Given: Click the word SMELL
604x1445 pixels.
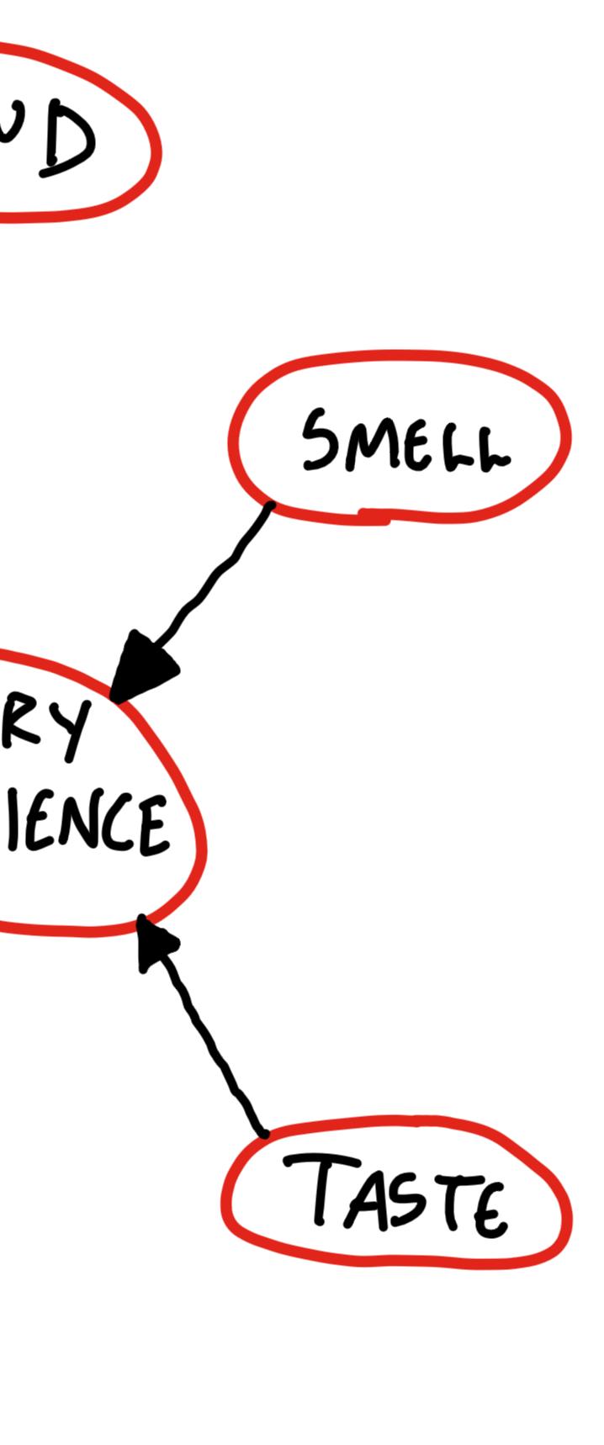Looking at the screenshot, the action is click(406, 441).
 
